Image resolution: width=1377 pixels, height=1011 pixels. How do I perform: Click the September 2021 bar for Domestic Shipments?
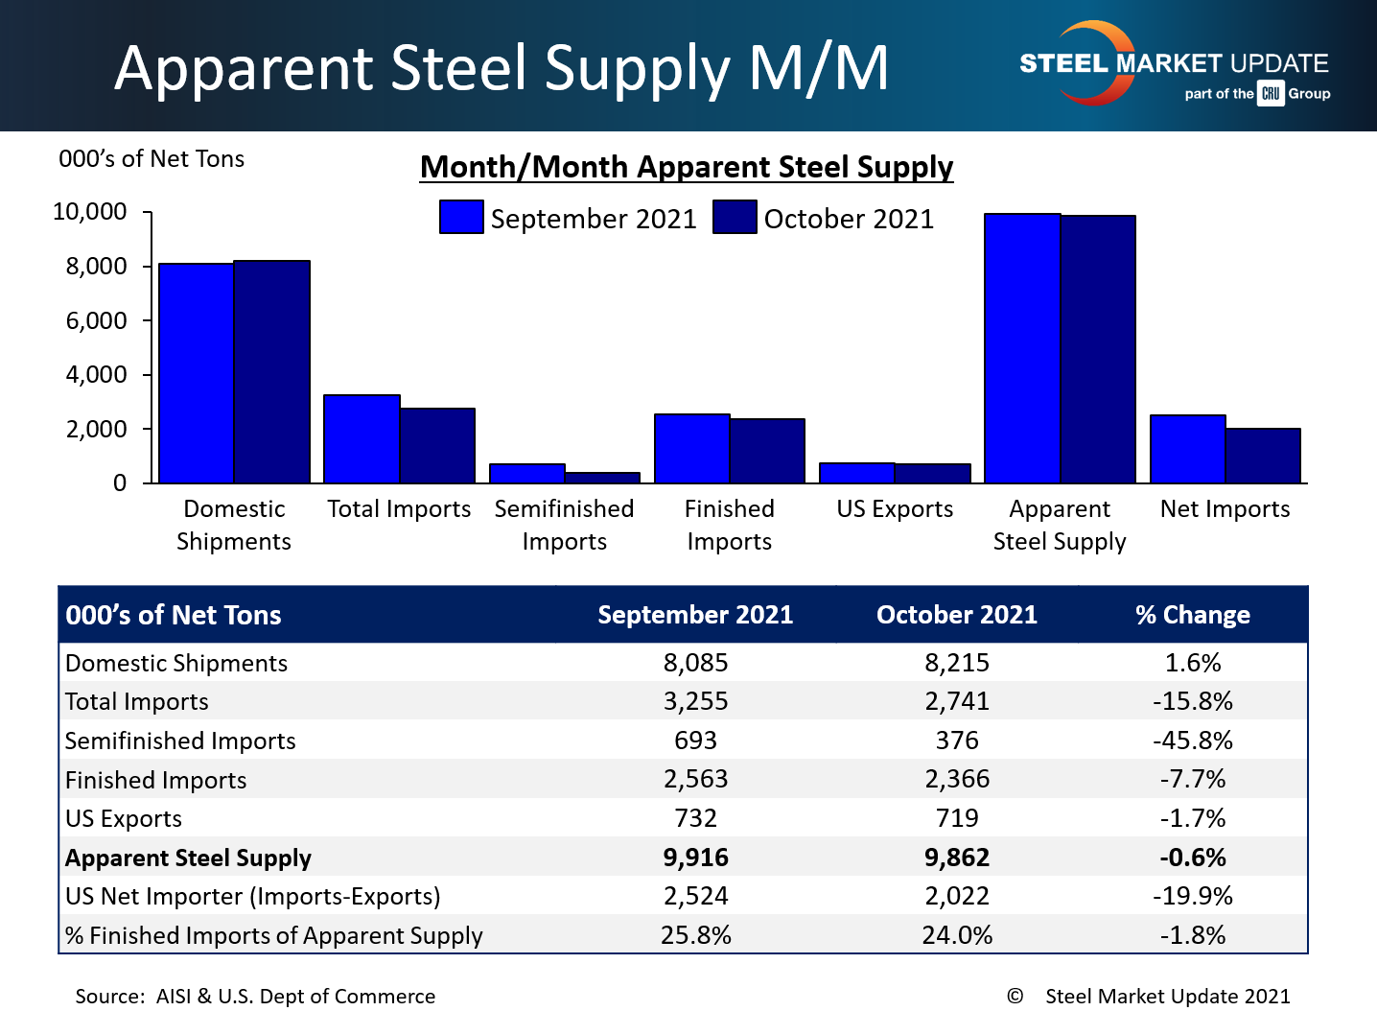pos(197,373)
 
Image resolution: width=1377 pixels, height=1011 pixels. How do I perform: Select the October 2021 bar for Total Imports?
pos(437,446)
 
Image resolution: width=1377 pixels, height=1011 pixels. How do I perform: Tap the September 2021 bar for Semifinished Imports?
pos(526,473)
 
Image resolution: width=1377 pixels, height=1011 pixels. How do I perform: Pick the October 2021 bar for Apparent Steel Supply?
pos(1098,349)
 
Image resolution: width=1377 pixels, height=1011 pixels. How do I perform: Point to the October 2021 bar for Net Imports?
pos(1263,456)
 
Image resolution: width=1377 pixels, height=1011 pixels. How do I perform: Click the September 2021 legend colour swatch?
pos(461,217)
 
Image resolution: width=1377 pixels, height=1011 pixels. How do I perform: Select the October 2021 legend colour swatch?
pos(735,217)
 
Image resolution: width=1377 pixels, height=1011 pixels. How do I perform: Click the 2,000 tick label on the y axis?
pos(96,429)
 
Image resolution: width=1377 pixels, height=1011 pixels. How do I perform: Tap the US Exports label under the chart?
pos(895,509)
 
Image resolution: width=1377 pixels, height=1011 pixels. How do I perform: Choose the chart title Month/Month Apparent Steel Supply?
pos(687,167)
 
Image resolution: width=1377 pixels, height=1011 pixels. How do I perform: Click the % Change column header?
pos(1192,615)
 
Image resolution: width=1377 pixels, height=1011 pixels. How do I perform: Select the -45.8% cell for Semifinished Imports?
pos(1192,741)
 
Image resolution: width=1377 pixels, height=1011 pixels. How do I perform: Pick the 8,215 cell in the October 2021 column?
pos(956,663)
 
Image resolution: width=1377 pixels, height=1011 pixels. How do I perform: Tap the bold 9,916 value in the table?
pos(695,858)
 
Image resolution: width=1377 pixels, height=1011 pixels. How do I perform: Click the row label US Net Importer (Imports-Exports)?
pos(253,896)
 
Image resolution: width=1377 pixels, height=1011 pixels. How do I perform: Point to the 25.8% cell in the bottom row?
pos(695,935)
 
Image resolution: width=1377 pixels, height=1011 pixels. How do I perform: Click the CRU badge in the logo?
pos(1271,93)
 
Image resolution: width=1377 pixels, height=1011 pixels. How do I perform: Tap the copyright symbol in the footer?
pos(1015,997)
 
